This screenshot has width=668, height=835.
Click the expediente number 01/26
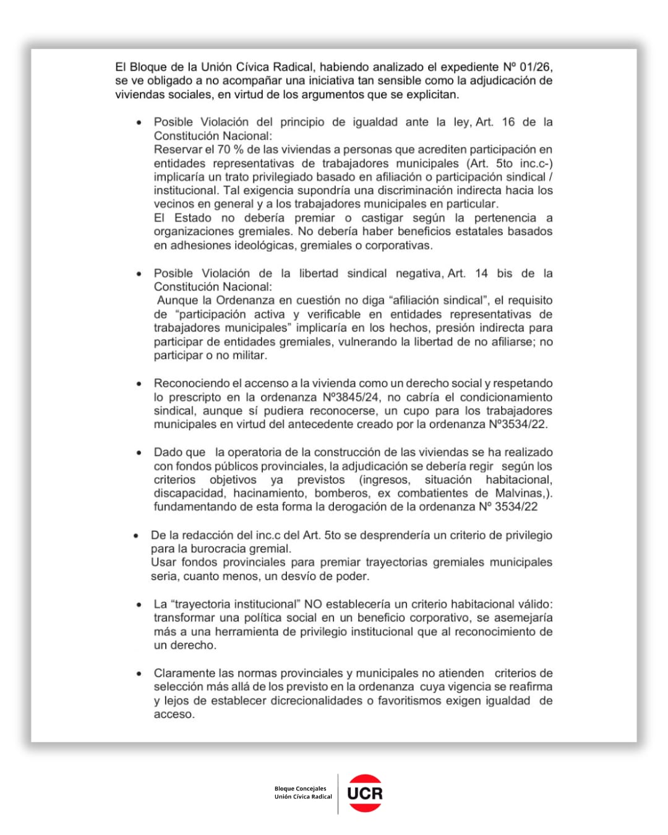(x=536, y=67)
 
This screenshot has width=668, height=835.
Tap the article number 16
(x=508, y=122)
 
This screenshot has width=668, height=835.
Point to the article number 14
(x=481, y=273)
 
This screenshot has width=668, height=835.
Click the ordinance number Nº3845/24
(x=351, y=397)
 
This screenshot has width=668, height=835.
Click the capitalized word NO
(x=313, y=604)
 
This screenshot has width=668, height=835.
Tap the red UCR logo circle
(x=365, y=793)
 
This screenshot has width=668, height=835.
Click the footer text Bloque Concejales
(x=300, y=789)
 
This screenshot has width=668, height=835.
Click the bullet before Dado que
(x=139, y=453)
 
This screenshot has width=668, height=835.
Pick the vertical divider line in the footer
(x=338, y=794)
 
